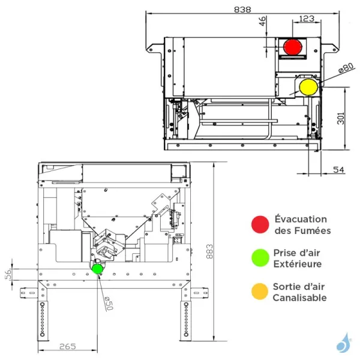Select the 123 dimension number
(306, 19)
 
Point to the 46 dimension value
(262, 21)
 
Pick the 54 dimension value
(339, 171)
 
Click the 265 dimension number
(68, 346)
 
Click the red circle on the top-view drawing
(293, 46)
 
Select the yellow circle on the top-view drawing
(308, 86)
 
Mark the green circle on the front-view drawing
(97, 268)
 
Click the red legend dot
(259, 224)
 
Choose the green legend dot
(259, 258)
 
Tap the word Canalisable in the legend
(299, 298)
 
